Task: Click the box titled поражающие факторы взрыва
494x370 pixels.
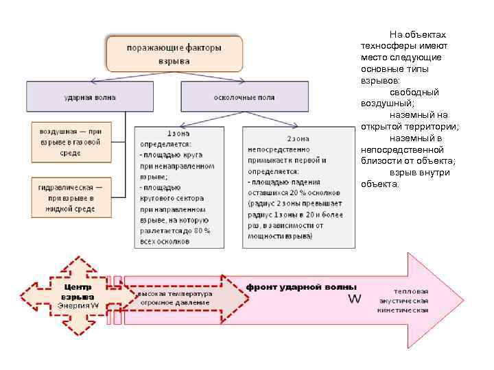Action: point(174,54)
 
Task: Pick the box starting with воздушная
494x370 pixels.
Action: point(70,141)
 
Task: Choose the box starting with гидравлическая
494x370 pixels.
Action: point(70,197)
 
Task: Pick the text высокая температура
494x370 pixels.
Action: point(175,293)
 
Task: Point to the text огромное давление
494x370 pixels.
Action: point(175,301)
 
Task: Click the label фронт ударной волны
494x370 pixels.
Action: point(301,286)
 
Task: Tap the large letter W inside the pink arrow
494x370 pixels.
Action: point(355,299)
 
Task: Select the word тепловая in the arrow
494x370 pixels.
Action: point(412,291)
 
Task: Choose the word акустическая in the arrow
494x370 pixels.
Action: point(404,300)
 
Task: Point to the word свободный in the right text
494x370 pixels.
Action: point(414,92)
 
